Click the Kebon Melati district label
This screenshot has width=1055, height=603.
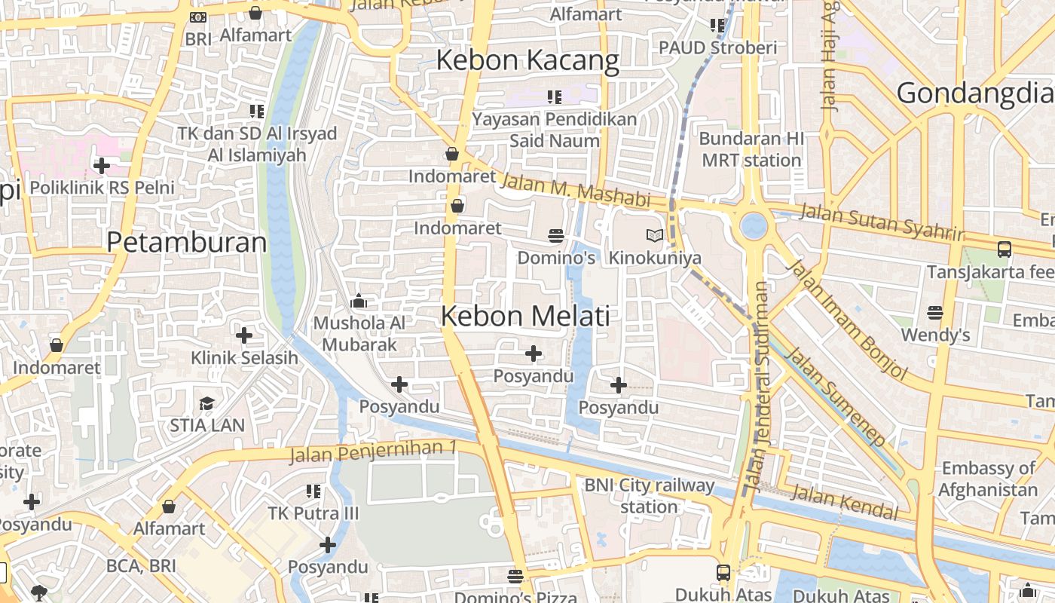pyautogui.click(x=525, y=316)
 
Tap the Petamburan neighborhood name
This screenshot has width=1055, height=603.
pyautogui.click(x=186, y=243)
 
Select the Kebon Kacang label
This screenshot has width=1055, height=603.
pyautogui.click(x=527, y=60)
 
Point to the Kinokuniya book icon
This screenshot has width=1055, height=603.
pyautogui.click(x=655, y=236)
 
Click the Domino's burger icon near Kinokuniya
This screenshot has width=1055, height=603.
pyautogui.click(x=556, y=236)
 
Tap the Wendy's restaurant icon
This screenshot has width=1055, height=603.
pyautogui.click(x=935, y=312)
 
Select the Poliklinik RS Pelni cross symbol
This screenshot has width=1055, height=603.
pyautogui.click(x=101, y=165)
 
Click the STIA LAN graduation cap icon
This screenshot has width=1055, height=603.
pyautogui.click(x=206, y=403)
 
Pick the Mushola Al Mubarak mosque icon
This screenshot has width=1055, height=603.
pyautogui.click(x=359, y=301)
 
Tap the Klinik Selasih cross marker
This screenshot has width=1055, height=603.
pyautogui.click(x=244, y=335)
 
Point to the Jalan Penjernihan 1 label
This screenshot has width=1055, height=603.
pyautogui.click(x=373, y=451)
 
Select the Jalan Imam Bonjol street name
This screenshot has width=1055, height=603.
pyautogui.click(x=846, y=319)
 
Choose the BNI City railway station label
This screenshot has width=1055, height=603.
pyautogui.click(x=650, y=495)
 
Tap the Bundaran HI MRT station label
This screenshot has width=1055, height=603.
pyautogui.click(x=751, y=149)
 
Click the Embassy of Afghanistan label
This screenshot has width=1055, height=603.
pyautogui.click(x=988, y=479)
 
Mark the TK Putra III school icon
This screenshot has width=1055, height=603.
pyautogui.click(x=313, y=491)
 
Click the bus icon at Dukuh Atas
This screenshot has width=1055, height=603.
pyautogui.click(x=723, y=572)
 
